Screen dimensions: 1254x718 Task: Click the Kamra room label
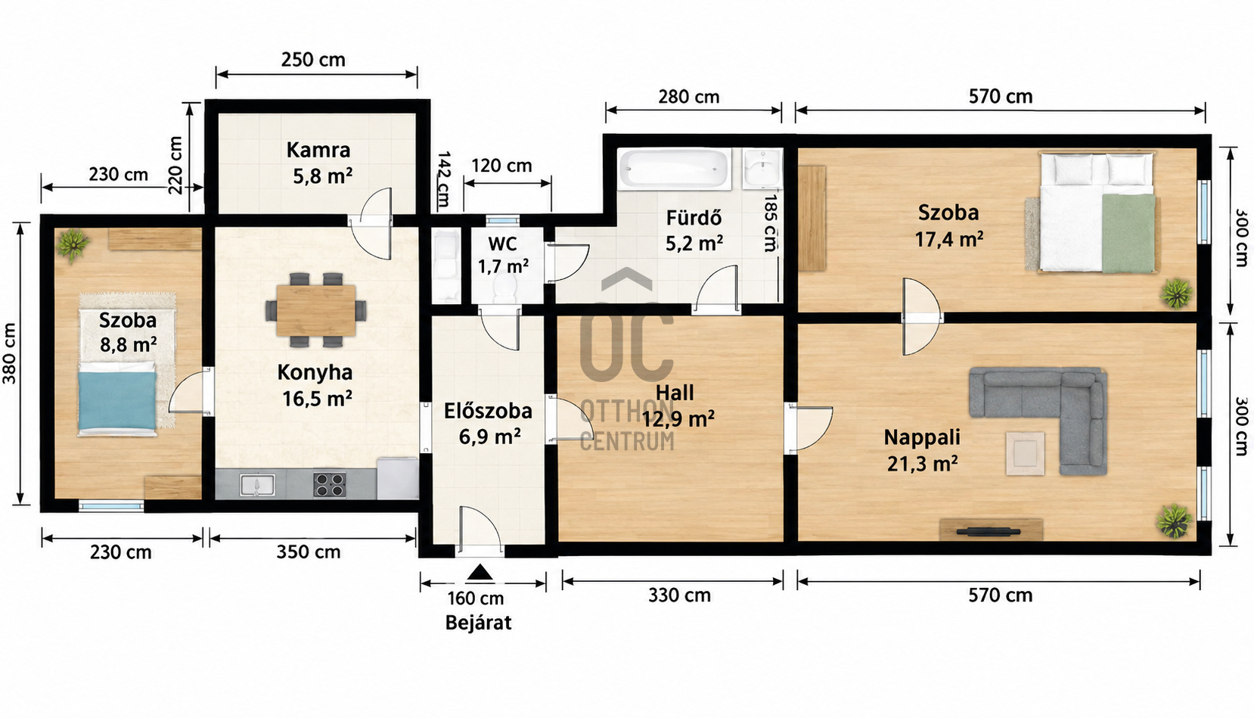(318, 150)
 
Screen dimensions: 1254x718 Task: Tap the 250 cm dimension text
(313, 60)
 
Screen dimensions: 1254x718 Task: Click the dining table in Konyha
(316, 310)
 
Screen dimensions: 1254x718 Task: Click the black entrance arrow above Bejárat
(480, 572)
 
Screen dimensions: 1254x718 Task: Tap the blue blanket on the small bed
(117, 400)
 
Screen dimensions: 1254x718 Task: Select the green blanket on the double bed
(1128, 233)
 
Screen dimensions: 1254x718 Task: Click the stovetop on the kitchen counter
(329, 485)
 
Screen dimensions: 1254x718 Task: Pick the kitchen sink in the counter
(257, 485)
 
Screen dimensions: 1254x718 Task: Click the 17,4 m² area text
(949, 240)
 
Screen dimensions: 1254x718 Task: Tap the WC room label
(502, 244)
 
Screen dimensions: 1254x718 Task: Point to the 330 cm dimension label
(680, 595)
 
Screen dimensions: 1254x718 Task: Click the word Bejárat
(479, 623)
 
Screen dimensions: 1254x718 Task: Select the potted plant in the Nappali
(1173, 521)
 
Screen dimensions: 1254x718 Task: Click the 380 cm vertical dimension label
(10, 353)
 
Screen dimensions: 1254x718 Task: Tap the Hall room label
(675, 393)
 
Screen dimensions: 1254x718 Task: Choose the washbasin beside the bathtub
(762, 167)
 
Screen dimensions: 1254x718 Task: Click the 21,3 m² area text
(922, 465)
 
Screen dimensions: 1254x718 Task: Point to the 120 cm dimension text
(501, 166)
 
